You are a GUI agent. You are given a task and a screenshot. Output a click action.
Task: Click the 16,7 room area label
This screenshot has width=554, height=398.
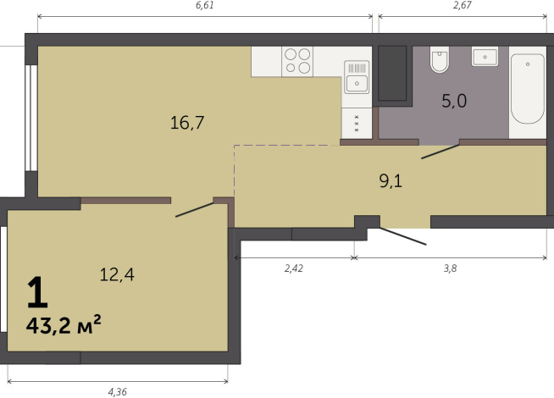[187, 123]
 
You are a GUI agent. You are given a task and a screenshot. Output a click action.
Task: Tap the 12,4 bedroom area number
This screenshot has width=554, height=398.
[117, 274]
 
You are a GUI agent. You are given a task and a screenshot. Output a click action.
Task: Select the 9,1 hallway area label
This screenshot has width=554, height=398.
[391, 181]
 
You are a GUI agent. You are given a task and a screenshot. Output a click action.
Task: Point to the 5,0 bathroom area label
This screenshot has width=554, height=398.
[454, 101]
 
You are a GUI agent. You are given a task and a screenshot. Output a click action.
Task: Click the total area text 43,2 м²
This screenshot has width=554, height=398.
[64, 324]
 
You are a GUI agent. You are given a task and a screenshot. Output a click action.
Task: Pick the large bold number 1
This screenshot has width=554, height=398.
[37, 292]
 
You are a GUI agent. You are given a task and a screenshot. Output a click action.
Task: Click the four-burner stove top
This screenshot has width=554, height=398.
[297, 61]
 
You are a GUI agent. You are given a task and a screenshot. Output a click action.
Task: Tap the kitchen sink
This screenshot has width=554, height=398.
[357, 77]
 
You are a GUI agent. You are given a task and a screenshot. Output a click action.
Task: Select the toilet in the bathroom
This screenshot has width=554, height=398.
[440, 59]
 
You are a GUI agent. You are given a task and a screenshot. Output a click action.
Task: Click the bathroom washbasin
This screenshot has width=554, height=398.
[485, 58]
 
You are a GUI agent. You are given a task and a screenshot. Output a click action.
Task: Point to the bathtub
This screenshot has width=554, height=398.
[528, 89]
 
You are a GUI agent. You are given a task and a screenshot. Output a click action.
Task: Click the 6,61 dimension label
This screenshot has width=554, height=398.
[205, 5]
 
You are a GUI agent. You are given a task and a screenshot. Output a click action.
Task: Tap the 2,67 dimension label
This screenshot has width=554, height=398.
[463, 5]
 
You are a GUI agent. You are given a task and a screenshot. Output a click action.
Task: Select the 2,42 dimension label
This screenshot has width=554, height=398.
[294, 268]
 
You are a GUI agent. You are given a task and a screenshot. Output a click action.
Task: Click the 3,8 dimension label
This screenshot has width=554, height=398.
[450, 268]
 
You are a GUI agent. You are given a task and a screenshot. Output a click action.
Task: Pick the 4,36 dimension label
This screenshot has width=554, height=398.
[117, 391]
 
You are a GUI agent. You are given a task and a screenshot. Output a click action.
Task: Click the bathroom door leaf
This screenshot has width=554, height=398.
[440, 152]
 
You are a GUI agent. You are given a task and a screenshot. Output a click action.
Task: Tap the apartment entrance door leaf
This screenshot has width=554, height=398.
[403, 236]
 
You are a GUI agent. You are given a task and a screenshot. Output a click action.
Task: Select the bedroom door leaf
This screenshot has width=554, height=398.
[194, 210]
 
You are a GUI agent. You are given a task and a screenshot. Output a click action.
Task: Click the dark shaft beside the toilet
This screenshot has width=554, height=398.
[392, 73]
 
